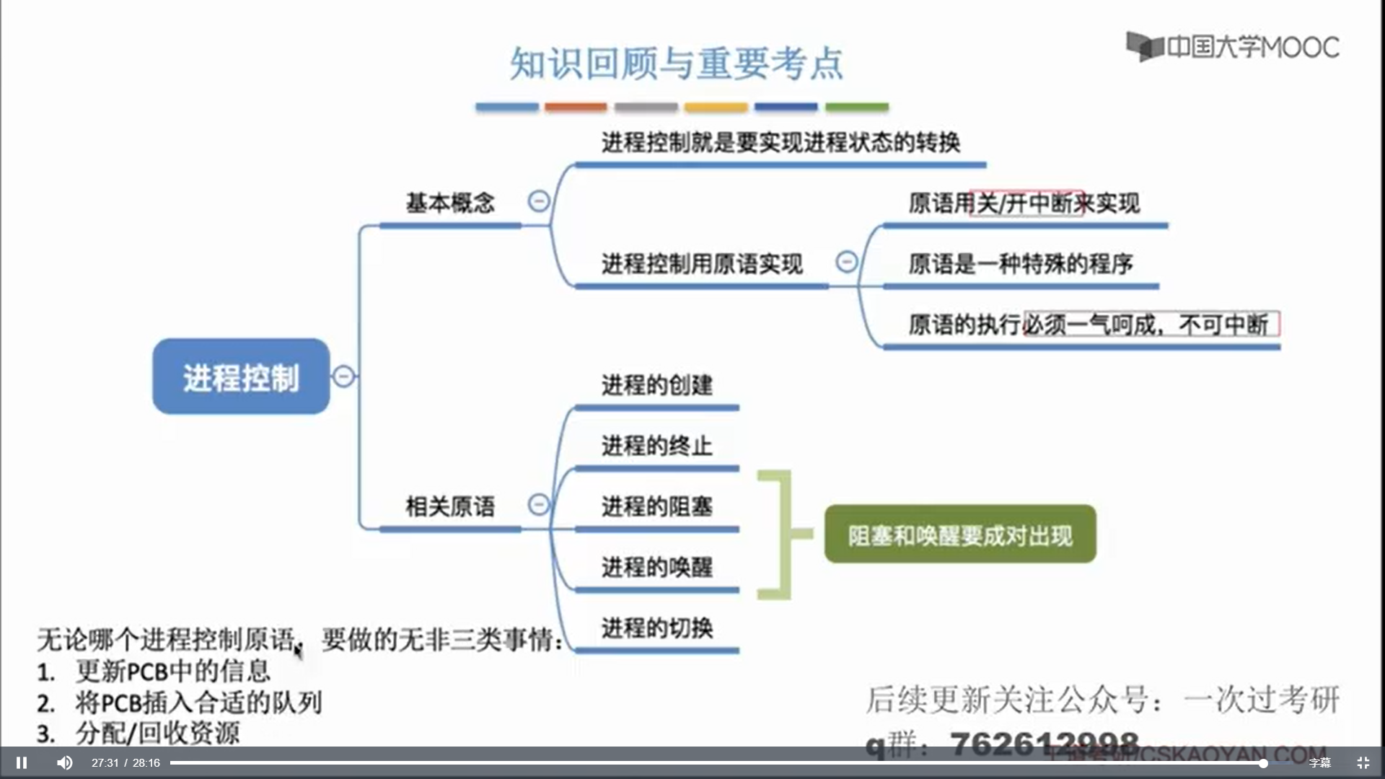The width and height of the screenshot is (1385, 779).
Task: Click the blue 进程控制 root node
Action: [241, 377]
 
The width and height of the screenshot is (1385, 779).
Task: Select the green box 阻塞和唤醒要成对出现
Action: [960, 534]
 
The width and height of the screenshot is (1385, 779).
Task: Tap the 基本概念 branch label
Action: [450, 203]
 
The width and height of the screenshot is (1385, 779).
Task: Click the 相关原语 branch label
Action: [450, 506]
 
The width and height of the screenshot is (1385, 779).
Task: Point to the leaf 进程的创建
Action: [657, 385]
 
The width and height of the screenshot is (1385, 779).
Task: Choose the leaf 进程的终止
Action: [657, 446]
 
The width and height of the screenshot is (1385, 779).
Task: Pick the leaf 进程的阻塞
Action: [657, 506]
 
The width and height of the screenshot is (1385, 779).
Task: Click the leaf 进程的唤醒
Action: [657, 567]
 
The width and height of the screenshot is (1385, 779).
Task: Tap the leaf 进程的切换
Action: [657, 628]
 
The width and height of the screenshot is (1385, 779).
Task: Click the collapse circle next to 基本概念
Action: [539, 201]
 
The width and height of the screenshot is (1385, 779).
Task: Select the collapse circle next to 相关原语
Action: [539, 504]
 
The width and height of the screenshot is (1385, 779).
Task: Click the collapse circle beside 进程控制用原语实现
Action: [847, 261]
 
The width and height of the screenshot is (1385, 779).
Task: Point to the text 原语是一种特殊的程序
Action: [1020, 264]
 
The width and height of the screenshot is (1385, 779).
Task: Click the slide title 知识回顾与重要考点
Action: [677, 63]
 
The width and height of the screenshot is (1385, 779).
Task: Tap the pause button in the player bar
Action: [22, 762]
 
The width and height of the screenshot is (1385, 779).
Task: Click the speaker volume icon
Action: [65, 762]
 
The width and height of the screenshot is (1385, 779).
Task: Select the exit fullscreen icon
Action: [1363, 762]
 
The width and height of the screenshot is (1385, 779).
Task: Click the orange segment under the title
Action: [576, 107]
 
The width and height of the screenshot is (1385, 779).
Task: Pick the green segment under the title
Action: [857, 107]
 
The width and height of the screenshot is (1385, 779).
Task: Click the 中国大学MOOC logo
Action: [1232, 47]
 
